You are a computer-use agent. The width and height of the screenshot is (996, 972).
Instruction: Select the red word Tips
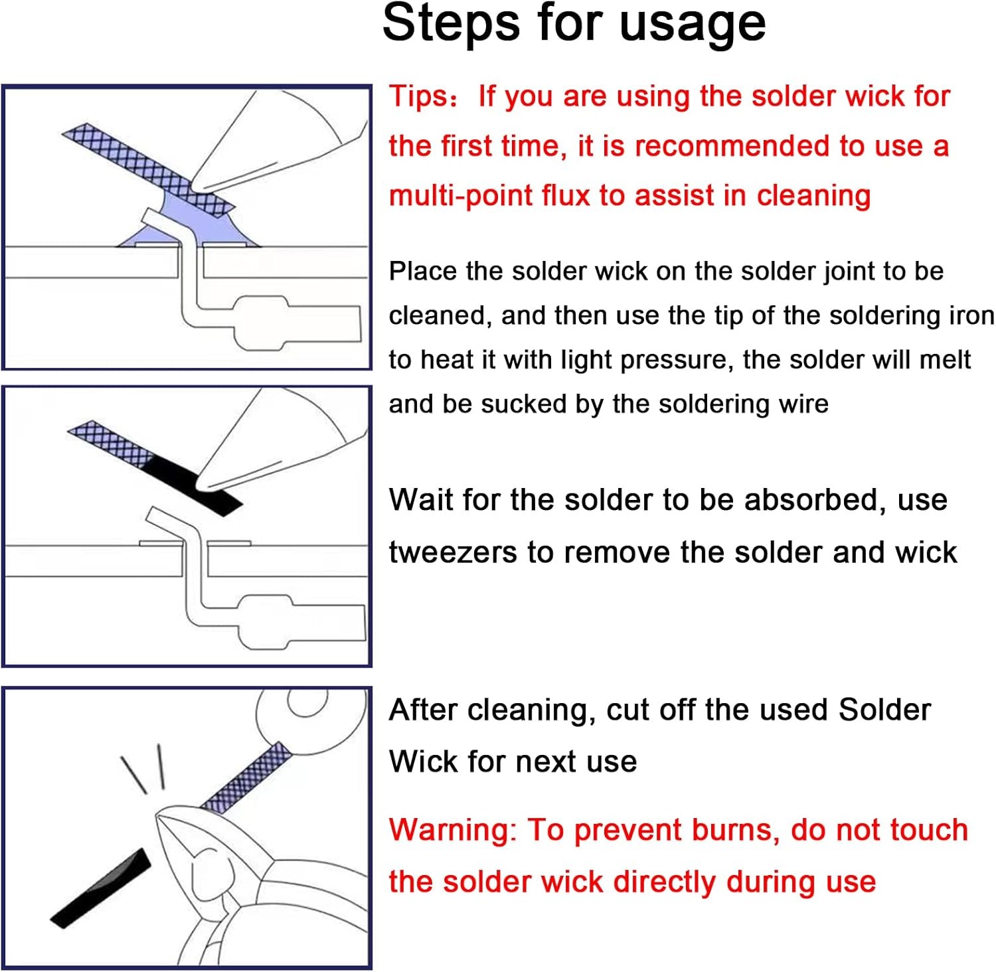[419, 97]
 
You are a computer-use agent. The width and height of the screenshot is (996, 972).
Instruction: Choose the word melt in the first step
[945, 360]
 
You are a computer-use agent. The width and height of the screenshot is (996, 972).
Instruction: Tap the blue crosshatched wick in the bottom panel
[246, 777]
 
